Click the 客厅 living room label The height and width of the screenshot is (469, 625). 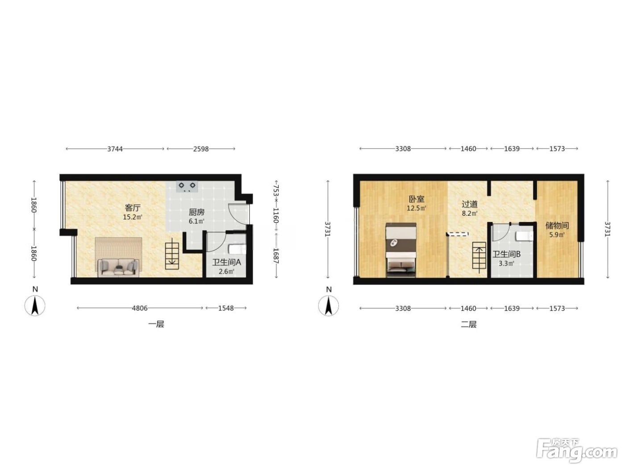[x=133, y=208]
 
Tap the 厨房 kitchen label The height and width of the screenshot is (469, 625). [x=196, y=212]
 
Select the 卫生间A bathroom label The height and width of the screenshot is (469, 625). [x=226, y=262]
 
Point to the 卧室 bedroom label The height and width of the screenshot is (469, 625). [x=416, y=199]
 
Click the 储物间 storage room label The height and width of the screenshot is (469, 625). [x=557, y=226]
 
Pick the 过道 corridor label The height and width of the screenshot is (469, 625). [x=470, y=204]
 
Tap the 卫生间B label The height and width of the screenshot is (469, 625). [x=507, y=254]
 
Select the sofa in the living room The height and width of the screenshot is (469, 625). [x=118, y=268]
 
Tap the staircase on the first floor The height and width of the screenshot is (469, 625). [x=172, y=255]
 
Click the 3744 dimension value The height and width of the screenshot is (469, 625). [x=115, y=149]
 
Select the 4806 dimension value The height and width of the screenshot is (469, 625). [x=140, y=308]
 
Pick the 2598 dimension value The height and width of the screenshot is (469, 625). [x=201, y=149]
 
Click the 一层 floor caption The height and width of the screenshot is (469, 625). [x=156, y=324]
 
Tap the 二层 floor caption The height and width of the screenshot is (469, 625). [x=469, y=324]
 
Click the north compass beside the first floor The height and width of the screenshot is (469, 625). [x=35, y=306]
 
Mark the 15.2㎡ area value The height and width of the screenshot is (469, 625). [x=133, y=217]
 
